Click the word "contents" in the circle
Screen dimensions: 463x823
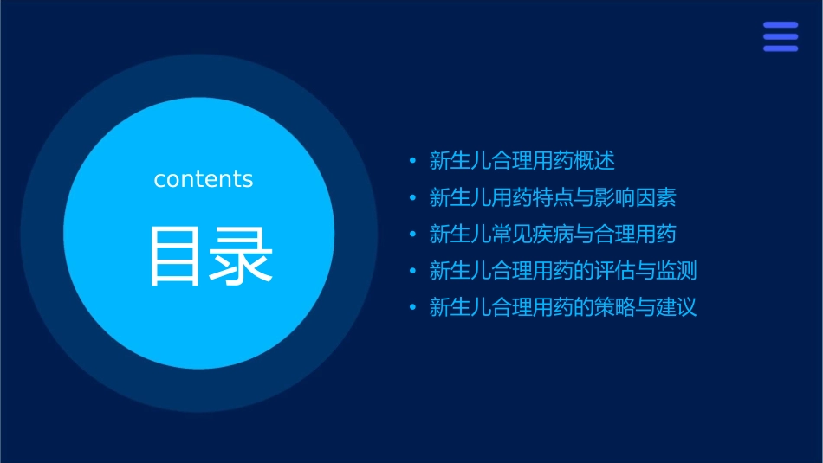click(x=204, y=179)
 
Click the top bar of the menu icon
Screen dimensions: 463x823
click(x=780, y=25)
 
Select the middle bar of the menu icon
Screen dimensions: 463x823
click(x=780, y=36)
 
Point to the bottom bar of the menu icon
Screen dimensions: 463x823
click(x=780, y=48)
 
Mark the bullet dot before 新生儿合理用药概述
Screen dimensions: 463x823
click(x=412, y=161)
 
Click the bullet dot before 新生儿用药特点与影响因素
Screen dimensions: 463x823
click(x=412, y=198)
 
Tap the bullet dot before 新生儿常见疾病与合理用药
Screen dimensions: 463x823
click(x=412, y=235)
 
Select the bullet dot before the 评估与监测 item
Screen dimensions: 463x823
click(x=412, y=271)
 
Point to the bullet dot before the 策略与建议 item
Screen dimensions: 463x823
click(x=412, y=308)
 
